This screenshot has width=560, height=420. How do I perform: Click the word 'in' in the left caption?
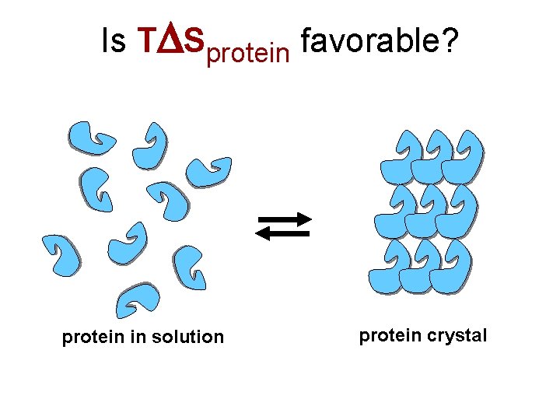(139, 337)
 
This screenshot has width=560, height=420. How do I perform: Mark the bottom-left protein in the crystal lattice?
(389, 267)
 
